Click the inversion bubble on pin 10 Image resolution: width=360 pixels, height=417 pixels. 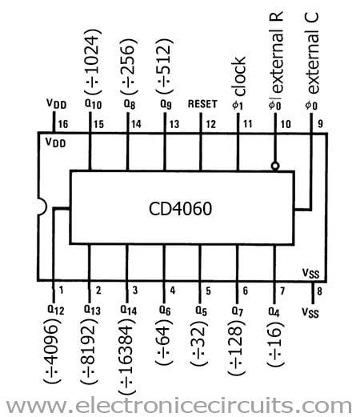click(275, 166)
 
